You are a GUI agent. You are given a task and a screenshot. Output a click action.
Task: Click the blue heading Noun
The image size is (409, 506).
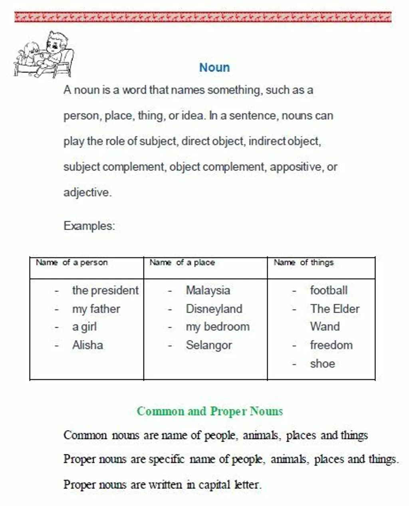(214, 67)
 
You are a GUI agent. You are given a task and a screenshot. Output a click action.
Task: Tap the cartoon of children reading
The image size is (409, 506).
(44, 55)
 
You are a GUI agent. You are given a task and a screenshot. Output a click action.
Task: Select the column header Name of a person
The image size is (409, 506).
(71, 262)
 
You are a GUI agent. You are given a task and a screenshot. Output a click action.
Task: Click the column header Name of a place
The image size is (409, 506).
(182, 262)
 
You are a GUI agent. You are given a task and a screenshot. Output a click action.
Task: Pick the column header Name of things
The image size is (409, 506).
(304, 262)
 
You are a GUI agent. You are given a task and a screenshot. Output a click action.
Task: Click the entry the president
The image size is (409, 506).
(105, 290)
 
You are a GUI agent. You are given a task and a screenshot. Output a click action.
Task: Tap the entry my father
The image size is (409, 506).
(96, 309)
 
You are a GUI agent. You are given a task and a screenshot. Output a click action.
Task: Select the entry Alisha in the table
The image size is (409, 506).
(87, 345)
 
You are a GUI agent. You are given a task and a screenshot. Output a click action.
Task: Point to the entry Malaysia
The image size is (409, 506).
(208, 290)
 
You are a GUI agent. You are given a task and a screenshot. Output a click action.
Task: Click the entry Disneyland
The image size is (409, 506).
(214, 309)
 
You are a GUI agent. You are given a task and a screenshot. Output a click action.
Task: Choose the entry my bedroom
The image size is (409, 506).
(218, 327)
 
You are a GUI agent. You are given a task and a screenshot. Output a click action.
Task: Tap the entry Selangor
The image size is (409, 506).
(208, 345)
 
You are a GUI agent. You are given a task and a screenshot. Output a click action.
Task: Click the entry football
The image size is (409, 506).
(329, 290)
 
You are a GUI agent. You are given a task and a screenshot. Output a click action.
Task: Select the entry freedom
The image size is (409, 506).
(331, 345)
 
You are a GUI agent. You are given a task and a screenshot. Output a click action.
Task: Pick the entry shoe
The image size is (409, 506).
(322, 363)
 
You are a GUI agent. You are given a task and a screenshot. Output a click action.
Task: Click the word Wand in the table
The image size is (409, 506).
(325, 327)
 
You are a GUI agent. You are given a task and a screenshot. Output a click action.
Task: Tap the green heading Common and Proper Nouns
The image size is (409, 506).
(210, 411)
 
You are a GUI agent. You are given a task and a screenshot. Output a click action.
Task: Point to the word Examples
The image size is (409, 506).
(89, 226)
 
